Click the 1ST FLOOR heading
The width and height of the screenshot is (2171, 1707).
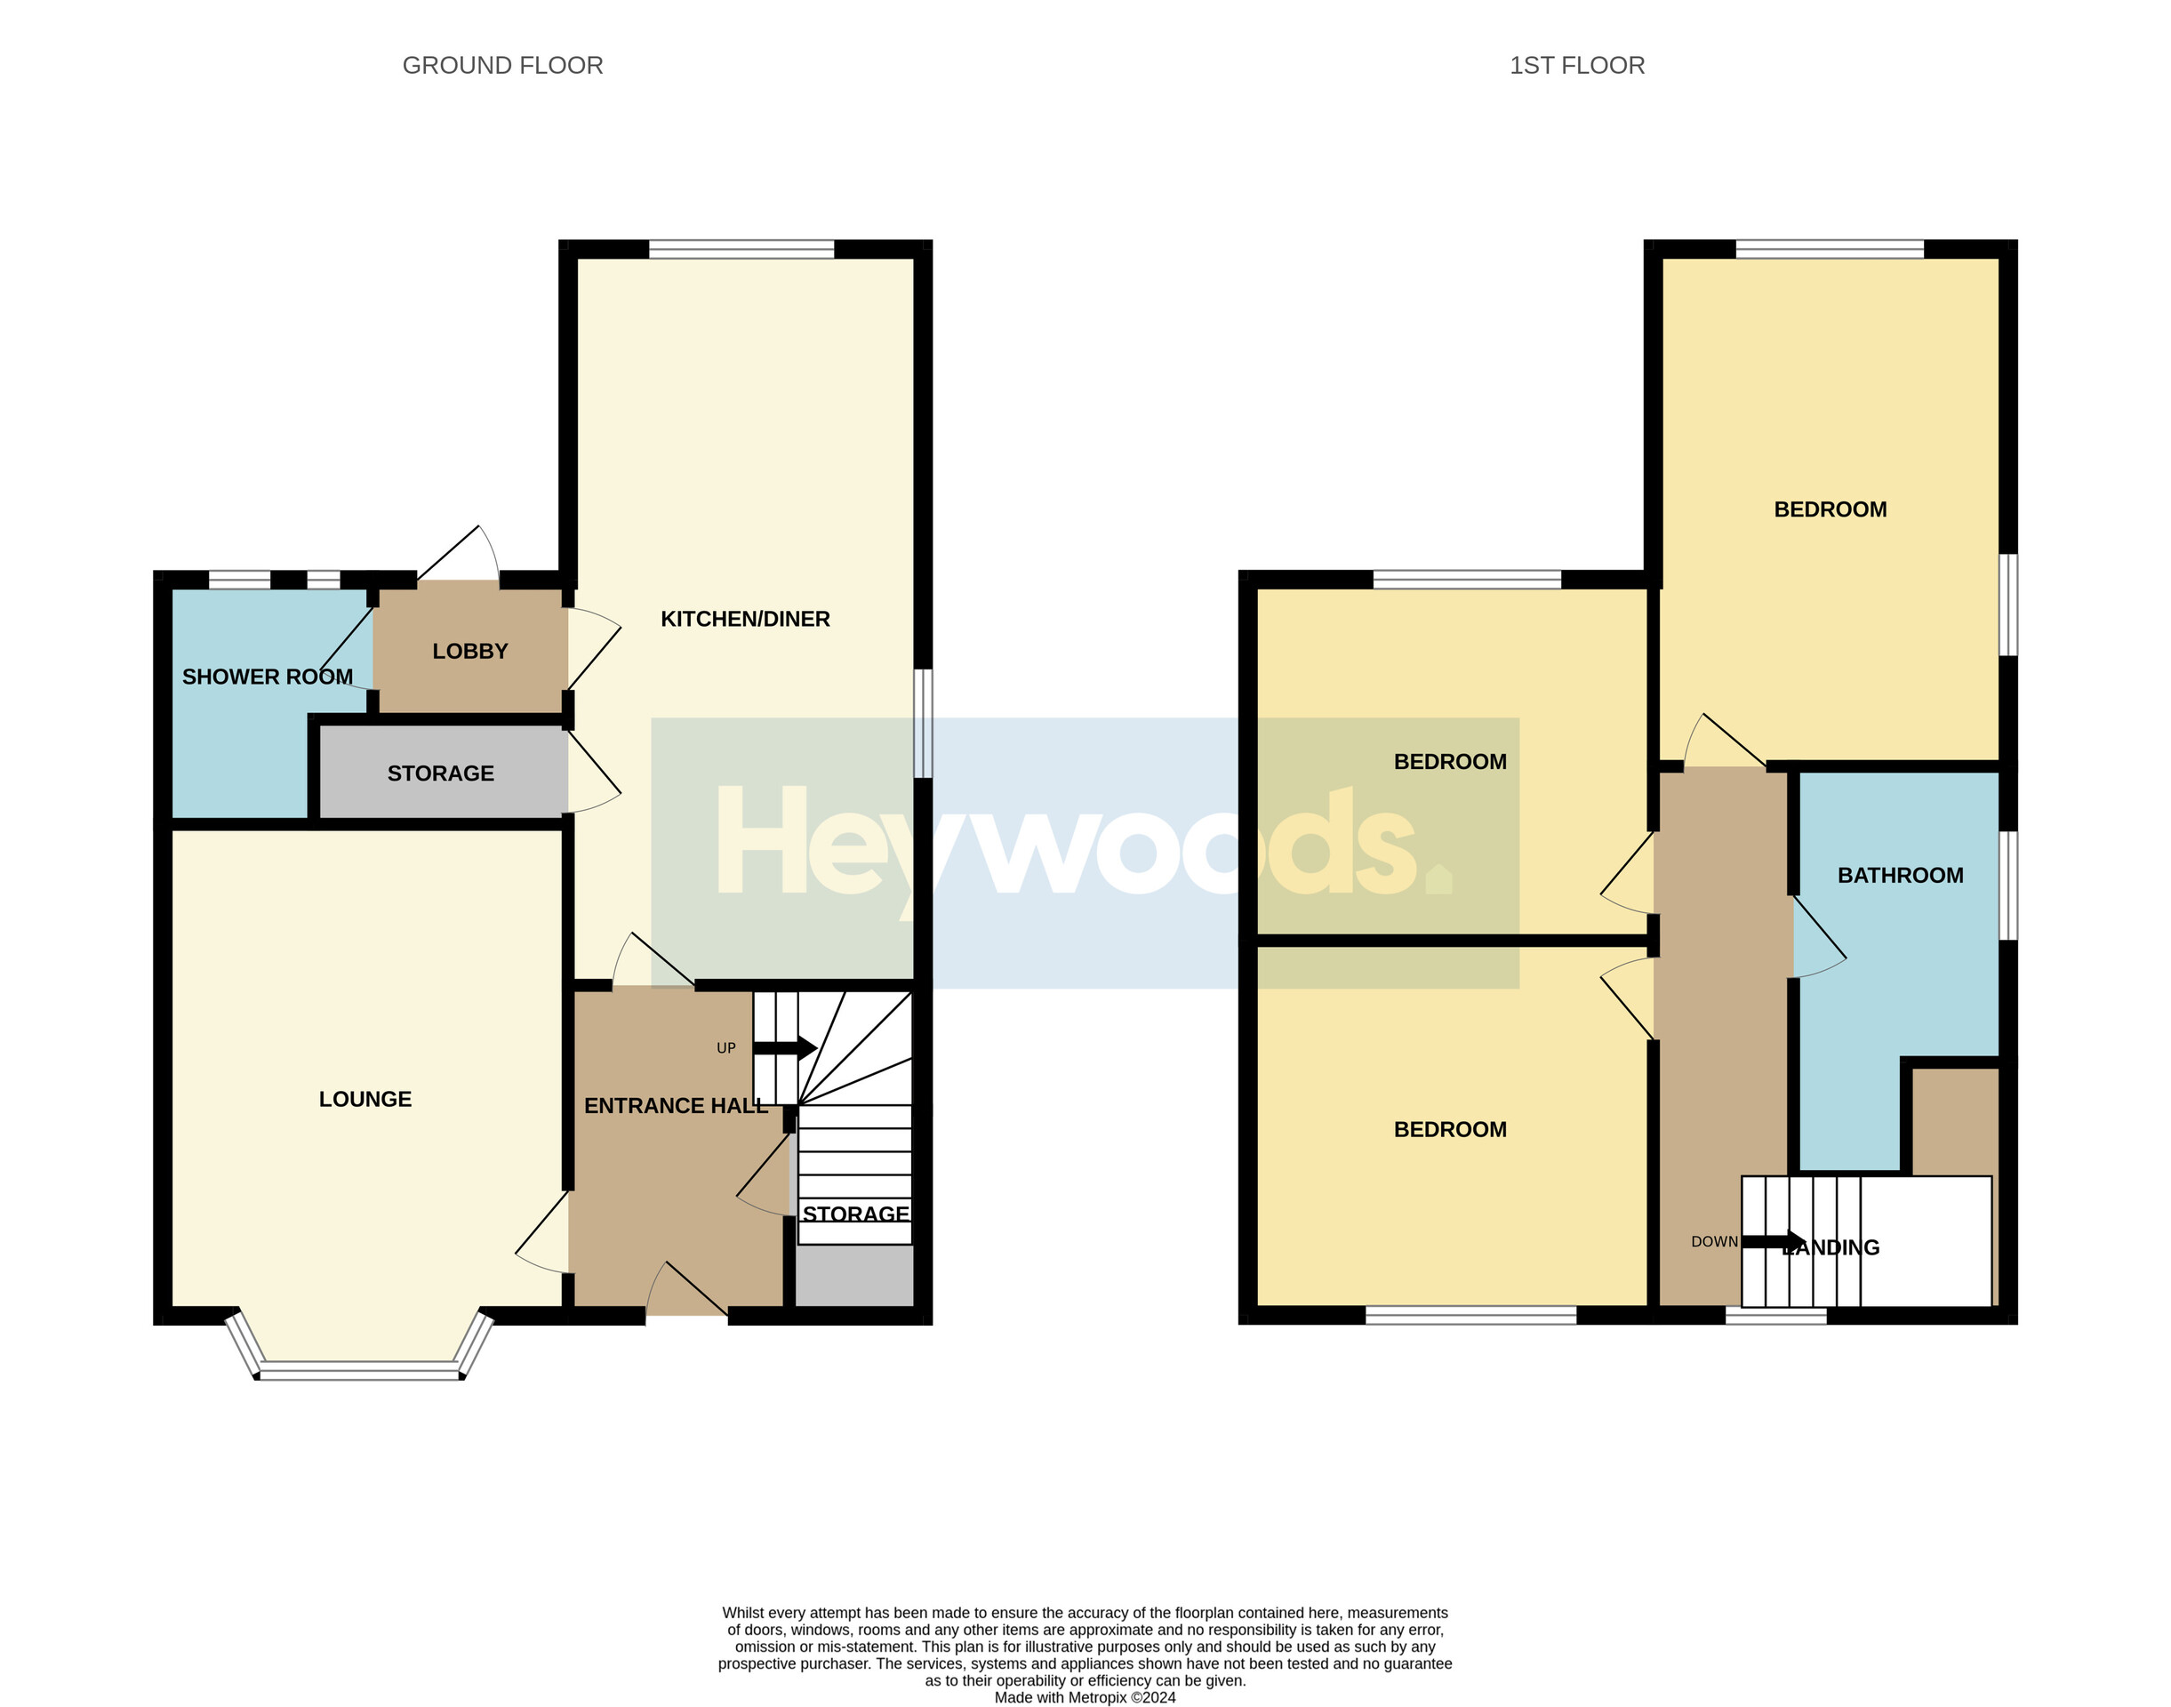coord(1576,66)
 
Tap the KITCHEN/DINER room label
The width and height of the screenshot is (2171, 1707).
coord(745,619)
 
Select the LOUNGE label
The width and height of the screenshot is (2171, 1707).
coord(365,1100)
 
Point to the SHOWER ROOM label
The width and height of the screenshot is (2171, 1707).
coord(267,677)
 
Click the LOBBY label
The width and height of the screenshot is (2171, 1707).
coord(469,652)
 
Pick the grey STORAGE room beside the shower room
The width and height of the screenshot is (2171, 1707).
coord(441,773)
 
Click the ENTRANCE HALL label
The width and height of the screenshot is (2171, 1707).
coord(676,1105)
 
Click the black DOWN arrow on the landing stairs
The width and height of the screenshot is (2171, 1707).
coord(1774,1241)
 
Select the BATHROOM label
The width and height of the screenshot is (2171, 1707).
coord(1900,876)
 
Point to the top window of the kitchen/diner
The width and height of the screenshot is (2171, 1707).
coord(741,249)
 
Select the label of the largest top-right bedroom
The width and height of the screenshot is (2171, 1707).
coord(1831,509)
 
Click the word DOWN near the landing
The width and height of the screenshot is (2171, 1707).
coord(1714,1241)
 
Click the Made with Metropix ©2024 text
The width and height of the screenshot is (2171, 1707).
coord(1085,1697)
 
